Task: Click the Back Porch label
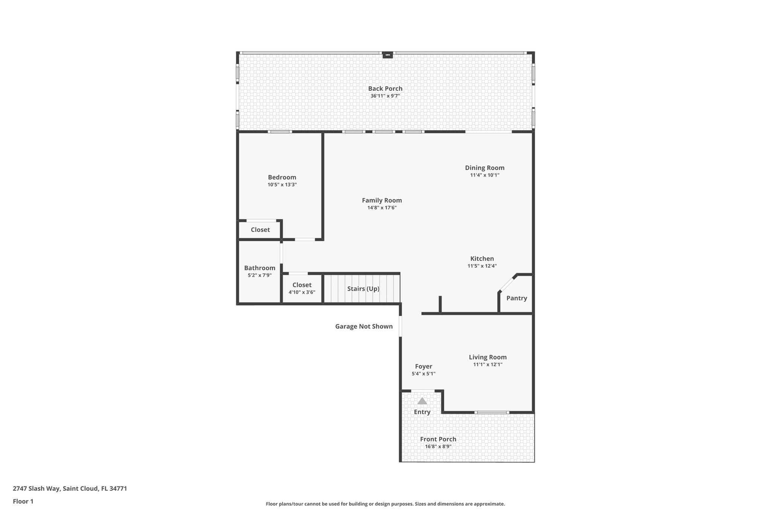pyautogui.click(x=385, y=88)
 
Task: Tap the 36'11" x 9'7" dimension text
pyautogui.click(x=385, y=96)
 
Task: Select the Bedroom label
pyautogui.click(x=282, y=177)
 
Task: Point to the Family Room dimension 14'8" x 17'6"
pyautogui.click(x=382, y=207)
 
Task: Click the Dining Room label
pyautogui.click(x=485, y=168)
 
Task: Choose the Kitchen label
pyautogui.click(x=482, y=259)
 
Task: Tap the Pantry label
pyautogui.click(x=517, y=298)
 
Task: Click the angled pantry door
pyautogui.click(x=508, y=284)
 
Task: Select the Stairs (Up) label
pyautogui.click(x=363, y=289)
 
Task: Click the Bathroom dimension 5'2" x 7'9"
pyautogui.click(x=259, y=275)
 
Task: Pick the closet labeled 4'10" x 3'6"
pyautogui.click(x=302, y=288)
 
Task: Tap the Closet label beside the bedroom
pyautogui.click(x=260, y=230)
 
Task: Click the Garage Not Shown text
pyautogui.click(x=364, y=326)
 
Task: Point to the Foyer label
pyautogui.click(x=424, y=366)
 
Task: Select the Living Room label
pyautogui.click(x=488, y=357)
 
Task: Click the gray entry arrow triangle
pyautogui.click(x=422, y=401)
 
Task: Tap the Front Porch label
pyautogui.click(x=438, y=439)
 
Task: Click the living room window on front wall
pyautogui.click(x=492, y=413)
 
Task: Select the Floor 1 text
pyautogui.click(x=23, y=501)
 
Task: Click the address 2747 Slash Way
pyautogui.click(x=70, y=488)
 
